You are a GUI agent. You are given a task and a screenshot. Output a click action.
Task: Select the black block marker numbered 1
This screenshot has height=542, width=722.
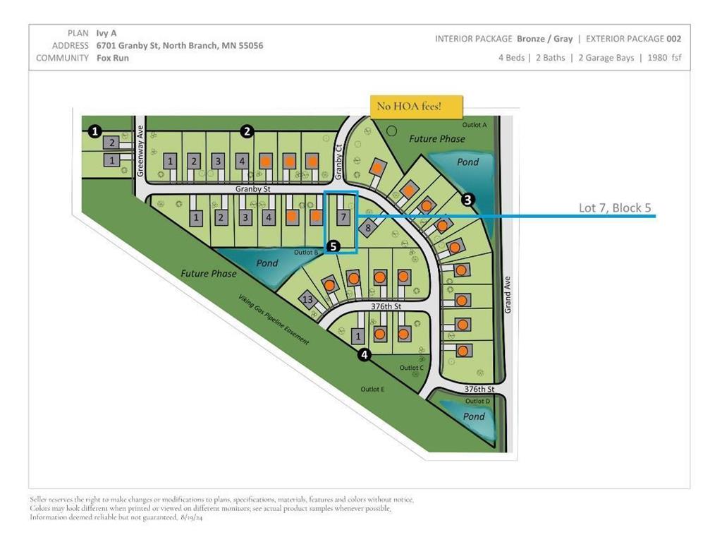pos(95,131)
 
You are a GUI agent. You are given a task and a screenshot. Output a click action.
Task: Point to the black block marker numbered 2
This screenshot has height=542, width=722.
pos(247,131)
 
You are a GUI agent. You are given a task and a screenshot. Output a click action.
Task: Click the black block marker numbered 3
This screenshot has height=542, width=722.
pos(467,200)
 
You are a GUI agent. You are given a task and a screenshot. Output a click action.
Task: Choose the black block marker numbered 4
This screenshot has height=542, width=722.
pos(364,354)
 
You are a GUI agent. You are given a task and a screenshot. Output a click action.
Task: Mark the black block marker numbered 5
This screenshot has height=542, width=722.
pos(334,246)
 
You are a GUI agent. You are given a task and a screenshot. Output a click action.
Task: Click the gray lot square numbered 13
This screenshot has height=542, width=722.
pos(307,299)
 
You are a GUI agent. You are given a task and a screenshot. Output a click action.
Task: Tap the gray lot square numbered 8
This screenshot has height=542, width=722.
pos(367,228)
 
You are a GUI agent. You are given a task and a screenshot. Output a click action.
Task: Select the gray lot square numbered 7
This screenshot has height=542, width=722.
pos(343,217)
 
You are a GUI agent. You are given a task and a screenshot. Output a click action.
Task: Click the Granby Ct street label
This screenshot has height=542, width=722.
pos(339,157)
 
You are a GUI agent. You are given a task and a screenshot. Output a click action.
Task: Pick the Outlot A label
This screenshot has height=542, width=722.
pos(474,124)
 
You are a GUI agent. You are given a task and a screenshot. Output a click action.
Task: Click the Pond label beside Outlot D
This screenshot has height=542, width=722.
pos(474,416)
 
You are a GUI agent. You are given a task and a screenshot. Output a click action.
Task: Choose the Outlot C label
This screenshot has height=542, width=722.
pos(411,368)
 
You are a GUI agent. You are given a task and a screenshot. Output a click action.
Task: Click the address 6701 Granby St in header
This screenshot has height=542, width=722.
pos(179,45)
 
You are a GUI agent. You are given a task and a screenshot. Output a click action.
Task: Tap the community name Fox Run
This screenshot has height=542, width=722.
pos(113,58)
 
